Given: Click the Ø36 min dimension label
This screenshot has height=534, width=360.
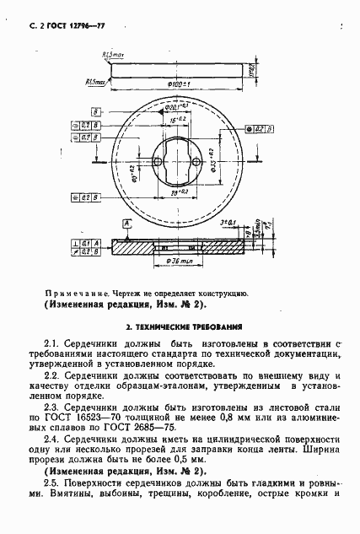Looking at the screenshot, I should coord(180,260).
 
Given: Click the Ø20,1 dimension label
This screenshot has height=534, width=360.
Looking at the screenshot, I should coord(175,107).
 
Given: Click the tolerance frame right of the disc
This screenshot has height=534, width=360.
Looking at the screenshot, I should coord(256,128).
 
